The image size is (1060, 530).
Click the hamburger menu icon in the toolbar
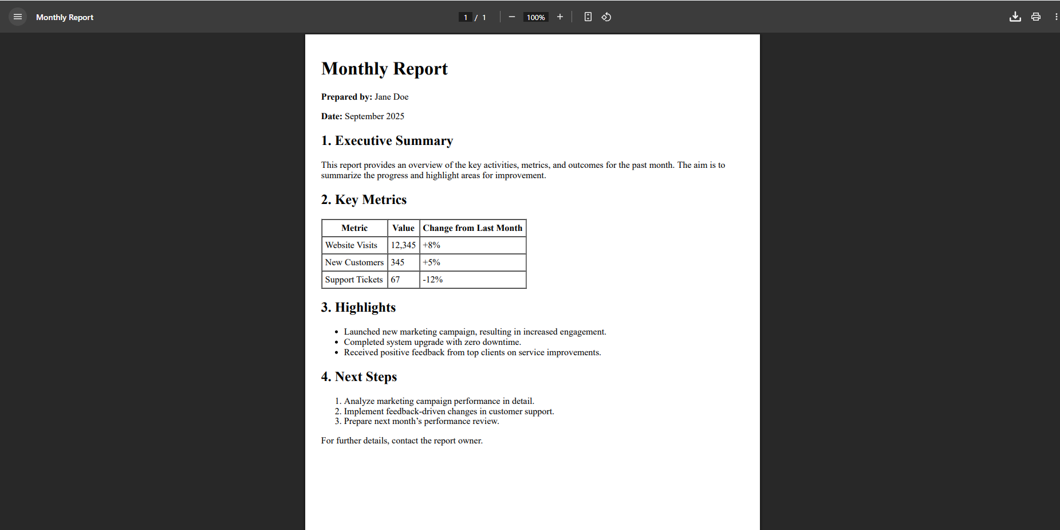pos(18,17)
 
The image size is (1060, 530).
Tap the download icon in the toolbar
pos(1015,17)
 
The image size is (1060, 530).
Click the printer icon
pos(1035,17)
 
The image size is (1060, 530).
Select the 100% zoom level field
pos(535,17)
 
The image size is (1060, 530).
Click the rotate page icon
pos(606,17)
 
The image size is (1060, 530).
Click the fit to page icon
pos(588,17)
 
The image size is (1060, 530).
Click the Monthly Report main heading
pos(384,69)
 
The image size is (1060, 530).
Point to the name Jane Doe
pos(391,97)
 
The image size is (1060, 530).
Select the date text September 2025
pos(374,116)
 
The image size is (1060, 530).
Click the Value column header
pos(403,228)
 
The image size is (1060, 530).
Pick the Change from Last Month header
pos(472,228)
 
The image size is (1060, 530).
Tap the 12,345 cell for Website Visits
pos(403,245)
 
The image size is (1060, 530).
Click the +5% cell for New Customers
pos(431,262)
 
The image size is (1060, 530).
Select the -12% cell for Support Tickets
pos(432,280)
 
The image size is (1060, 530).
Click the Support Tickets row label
pos(354,280)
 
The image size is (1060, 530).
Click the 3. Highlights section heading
pos(358,308)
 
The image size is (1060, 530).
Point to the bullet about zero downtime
pos(432,342)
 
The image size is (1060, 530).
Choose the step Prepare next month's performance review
pos(421,421)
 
